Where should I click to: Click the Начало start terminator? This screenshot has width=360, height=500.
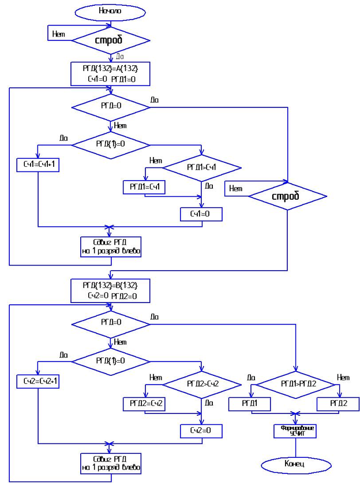point(110,11)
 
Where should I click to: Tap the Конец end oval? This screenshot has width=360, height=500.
point(294,463)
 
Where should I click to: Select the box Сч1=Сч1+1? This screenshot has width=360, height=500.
point(38,165)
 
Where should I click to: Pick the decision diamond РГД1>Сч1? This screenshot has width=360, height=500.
point(201,167)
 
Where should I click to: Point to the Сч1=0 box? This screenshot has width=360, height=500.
point(201,214)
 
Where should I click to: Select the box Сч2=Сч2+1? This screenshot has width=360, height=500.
point(38,381)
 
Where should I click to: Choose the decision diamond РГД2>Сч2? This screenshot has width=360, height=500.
point(201,383)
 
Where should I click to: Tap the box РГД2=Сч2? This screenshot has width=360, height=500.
point(144,403)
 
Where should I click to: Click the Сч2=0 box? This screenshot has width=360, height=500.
point(201,430)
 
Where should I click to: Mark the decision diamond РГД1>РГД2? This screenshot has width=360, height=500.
point(295,383)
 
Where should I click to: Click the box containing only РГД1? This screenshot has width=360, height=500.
point(249,404)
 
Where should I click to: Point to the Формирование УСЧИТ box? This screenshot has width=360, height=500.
point(295,431)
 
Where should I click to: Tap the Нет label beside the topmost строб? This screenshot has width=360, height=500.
point(58,34)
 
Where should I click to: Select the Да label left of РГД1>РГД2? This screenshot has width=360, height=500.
point(252,377)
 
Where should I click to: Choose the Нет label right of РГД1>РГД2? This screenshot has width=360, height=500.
point(343,377)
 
